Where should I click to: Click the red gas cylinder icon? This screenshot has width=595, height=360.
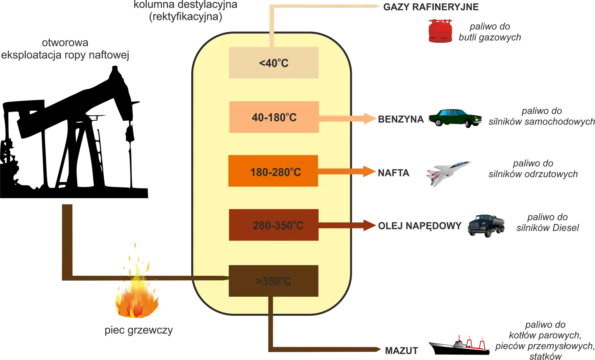(440, 31)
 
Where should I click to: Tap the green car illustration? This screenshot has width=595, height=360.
(455, 118)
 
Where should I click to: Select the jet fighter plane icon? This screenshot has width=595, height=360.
(448, 174)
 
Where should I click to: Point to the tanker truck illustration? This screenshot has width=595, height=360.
(486, 226)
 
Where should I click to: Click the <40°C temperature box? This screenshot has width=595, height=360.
(274, 63)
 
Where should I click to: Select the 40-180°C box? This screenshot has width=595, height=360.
(274, 117)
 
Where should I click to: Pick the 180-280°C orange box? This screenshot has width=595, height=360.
(274, 171)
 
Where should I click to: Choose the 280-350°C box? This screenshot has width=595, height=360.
(274, 225)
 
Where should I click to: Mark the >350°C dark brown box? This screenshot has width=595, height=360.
(274, 281)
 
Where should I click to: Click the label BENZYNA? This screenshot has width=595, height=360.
(401, 119)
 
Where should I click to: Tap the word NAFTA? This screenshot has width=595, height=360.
(393, 173)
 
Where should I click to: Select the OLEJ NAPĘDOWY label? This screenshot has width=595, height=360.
(420, 226)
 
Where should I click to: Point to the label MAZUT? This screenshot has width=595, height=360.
(401, 351)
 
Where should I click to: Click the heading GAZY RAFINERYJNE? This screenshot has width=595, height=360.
(431, 7)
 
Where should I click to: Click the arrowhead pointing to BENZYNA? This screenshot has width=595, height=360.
(370, 119)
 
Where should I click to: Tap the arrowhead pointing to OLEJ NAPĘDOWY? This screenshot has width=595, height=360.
(369, 225)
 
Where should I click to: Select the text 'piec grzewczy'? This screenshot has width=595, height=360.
(139, 330)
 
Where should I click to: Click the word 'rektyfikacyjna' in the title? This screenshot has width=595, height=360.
(186, 17)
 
